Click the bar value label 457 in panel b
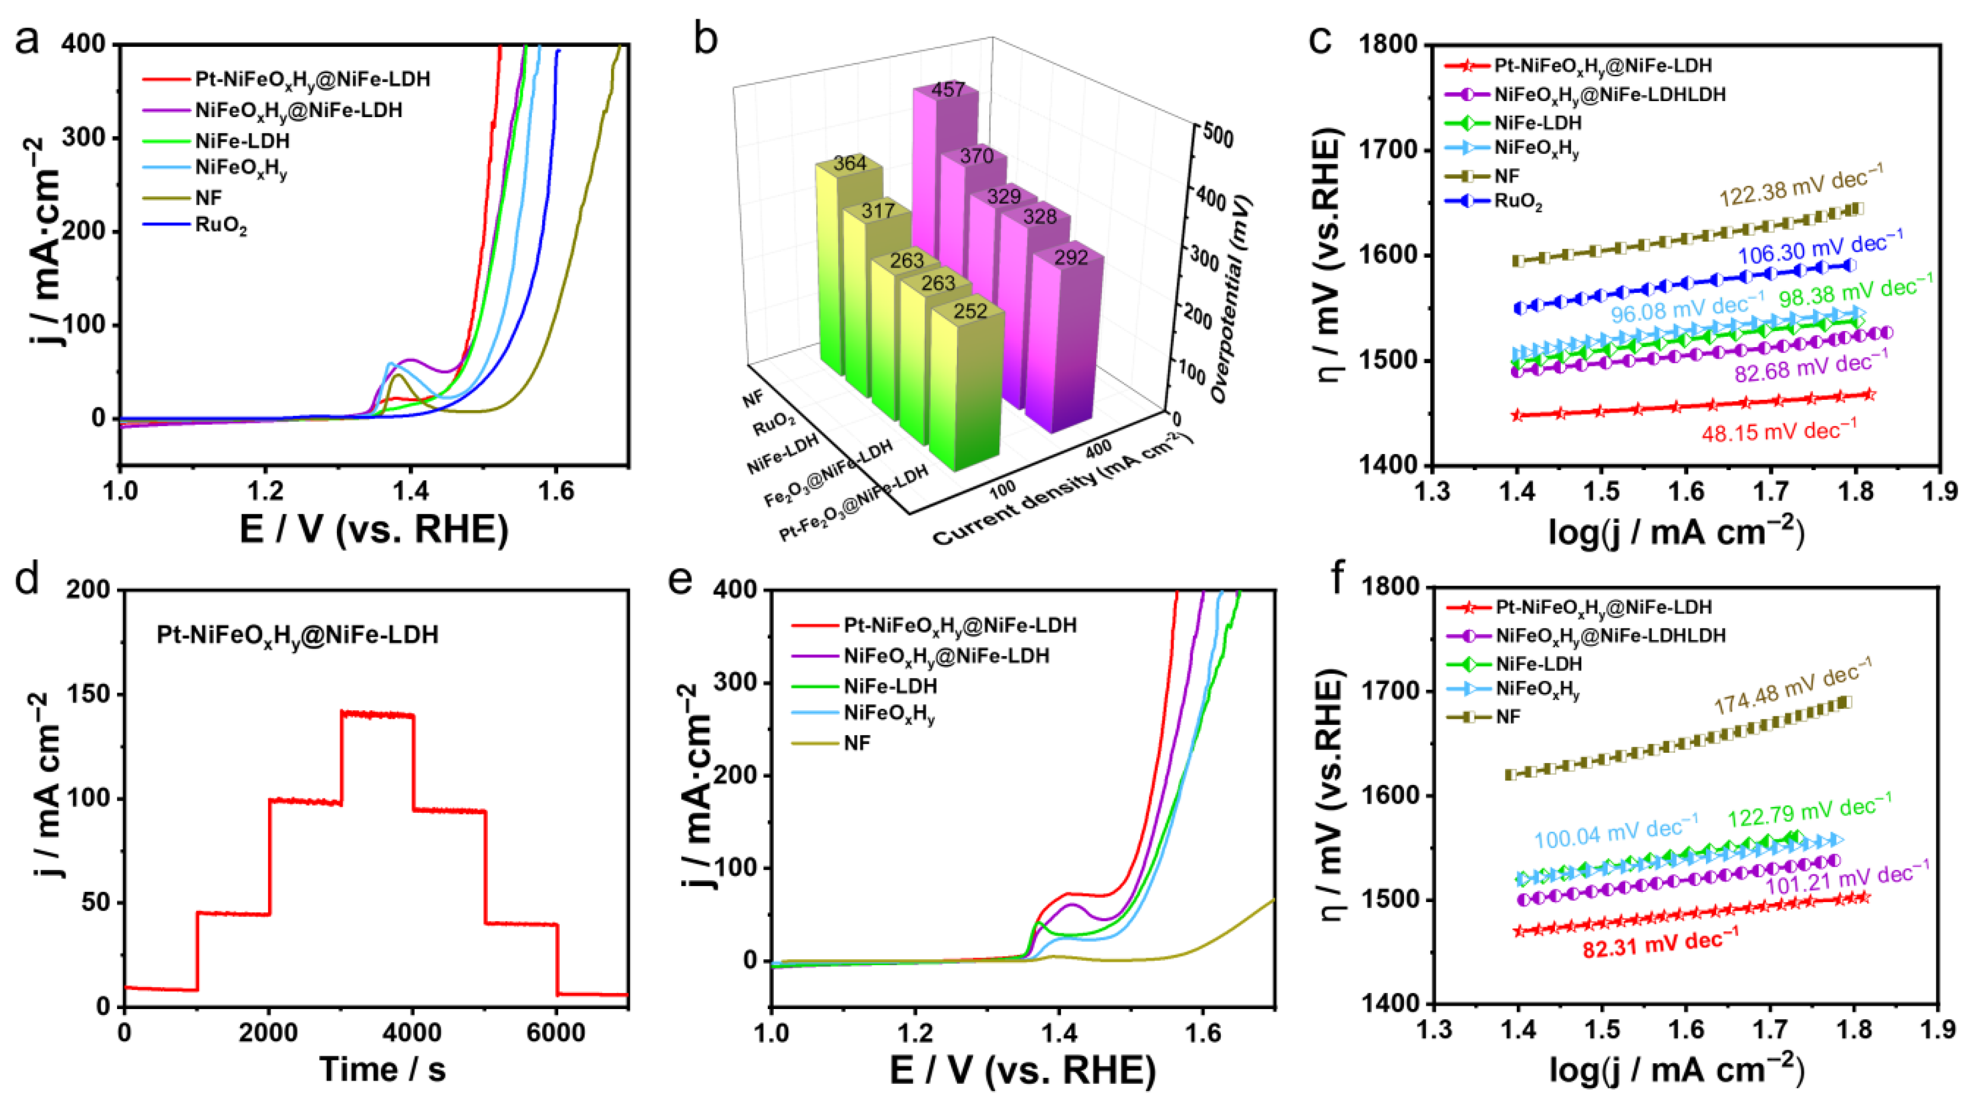coord(948,90)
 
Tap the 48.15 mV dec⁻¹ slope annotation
coord(1779,432)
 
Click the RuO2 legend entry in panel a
coord(221,227)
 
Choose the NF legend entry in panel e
coord(857,743)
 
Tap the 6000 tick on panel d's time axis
coord(556,1033)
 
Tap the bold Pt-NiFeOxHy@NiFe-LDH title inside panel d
coord(297,635)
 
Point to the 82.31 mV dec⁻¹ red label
coord(1660,944)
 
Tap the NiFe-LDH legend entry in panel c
coord(1537,122)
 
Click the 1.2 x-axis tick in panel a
coord(265,491)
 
